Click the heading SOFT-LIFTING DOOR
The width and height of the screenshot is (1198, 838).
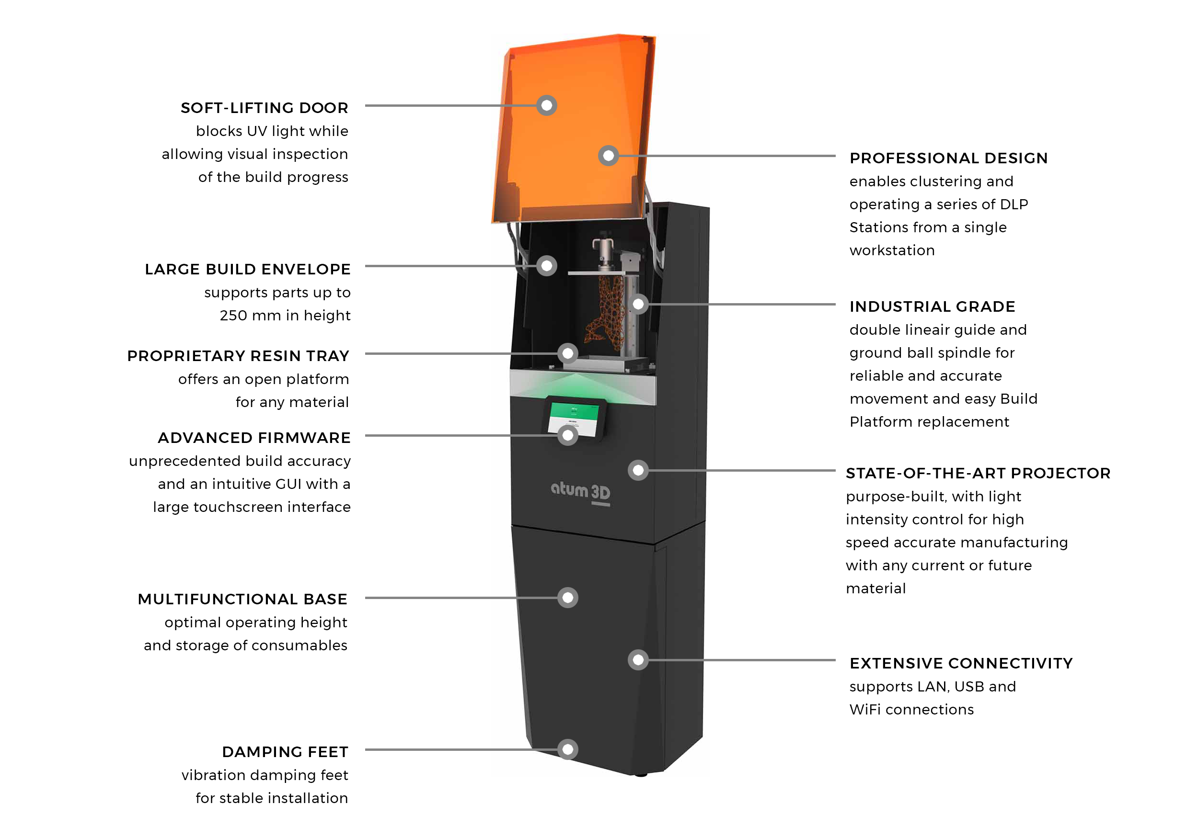coord(264,108)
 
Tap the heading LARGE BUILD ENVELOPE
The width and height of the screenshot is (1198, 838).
coord(247,270)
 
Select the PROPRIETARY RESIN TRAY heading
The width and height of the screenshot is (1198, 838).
coord(238,356)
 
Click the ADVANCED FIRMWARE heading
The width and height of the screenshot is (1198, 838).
coord(254,438)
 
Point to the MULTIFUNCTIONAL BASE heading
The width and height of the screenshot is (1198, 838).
coord(242,600)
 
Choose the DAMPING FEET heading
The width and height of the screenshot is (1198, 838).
coord(285,752)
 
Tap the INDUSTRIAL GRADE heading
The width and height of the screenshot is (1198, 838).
coord(932,306)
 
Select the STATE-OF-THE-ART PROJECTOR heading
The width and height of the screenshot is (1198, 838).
coord(978,474)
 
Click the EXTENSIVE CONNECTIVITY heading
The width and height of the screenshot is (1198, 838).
coord(961,663)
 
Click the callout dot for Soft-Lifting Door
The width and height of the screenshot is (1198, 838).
coord(546,106)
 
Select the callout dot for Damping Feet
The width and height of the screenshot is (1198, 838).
coord(568,750)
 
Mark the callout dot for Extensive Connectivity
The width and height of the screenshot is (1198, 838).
coord(638,660)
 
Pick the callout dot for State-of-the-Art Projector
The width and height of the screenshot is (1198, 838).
coord(638,470)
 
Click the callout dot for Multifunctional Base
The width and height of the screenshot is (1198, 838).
coord(568,598)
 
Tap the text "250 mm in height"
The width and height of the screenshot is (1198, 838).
coord(285,316)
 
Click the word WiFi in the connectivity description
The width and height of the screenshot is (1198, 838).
coord(864,710)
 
